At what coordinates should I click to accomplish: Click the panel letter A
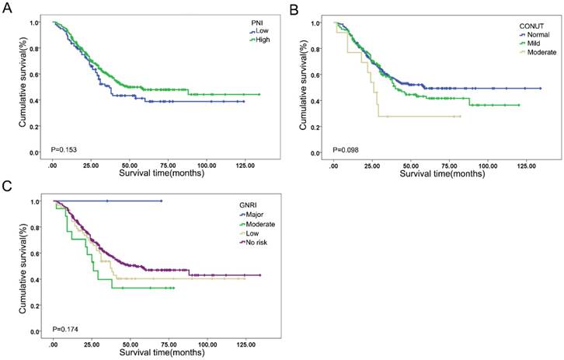pos(7,8)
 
